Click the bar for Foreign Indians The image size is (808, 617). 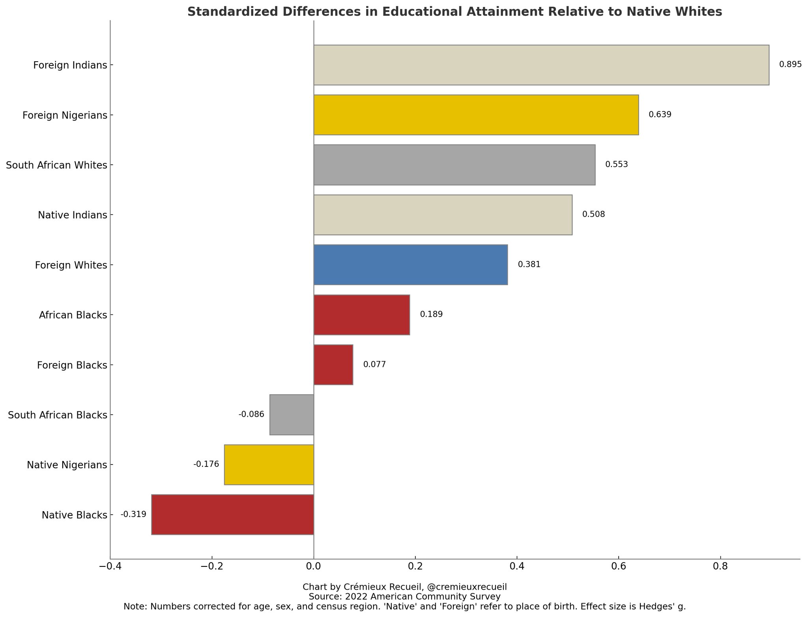(x=541, y=65)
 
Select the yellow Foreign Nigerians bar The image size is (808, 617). (x=476, y=115)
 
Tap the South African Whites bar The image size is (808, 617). (x=454, y=165)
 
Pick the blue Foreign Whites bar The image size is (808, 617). (x=410, y=265)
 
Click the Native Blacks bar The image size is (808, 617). (x=232, y=515)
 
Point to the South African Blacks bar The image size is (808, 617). (x=292, y=415)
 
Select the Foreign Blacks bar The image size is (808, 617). (x=333, y=365)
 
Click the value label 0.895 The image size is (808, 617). (x=790, y=65)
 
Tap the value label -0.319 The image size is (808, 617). (x=133, y=514)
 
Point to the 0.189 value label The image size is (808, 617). (x=431, y=314)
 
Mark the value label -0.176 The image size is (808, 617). (x=206, y=465)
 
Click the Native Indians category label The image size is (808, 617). (x=73, y=215)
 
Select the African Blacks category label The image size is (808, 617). (x=73, y=315)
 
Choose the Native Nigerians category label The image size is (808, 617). (x=67, y=465)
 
